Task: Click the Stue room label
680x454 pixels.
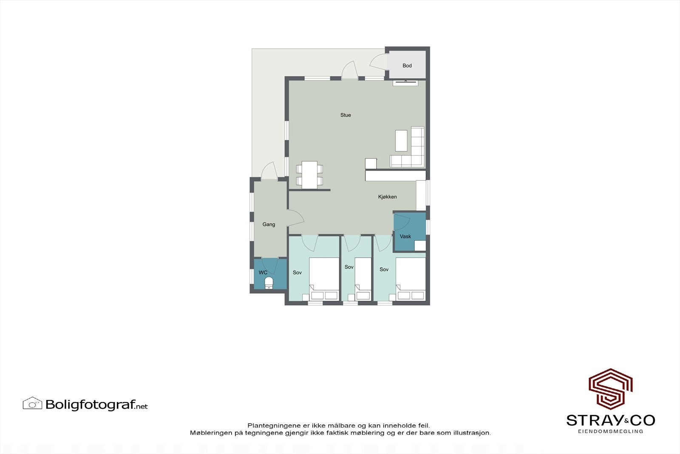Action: click(x=346, y=115)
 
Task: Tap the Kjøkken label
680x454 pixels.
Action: click(x=387, y=197)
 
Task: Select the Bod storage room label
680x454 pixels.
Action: click(x=407, y=66)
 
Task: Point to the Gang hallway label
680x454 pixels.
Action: click(x=269, y=224)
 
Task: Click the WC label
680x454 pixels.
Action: click(x=263, y=272)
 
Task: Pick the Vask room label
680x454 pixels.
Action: click(x=405, y=236)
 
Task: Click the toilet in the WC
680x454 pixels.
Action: click(x=269, y=283)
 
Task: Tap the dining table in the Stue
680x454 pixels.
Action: click(x=309, y=174)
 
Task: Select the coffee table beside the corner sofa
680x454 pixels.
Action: click(x=401, y=140)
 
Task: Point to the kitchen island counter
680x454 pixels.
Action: click(x=395, y=176)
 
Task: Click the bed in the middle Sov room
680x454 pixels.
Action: click(x=363, y=279)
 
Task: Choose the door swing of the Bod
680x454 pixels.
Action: click(x=378, y=62)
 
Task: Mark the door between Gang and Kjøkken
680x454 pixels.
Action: click(x=296, y=217)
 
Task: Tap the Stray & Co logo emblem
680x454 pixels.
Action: click(x=610, y=388)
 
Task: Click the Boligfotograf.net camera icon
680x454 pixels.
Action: click(x=32, y=403)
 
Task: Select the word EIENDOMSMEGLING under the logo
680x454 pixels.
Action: click(x=610, y=431)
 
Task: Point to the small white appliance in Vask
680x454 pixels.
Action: click(x=420, y=246)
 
